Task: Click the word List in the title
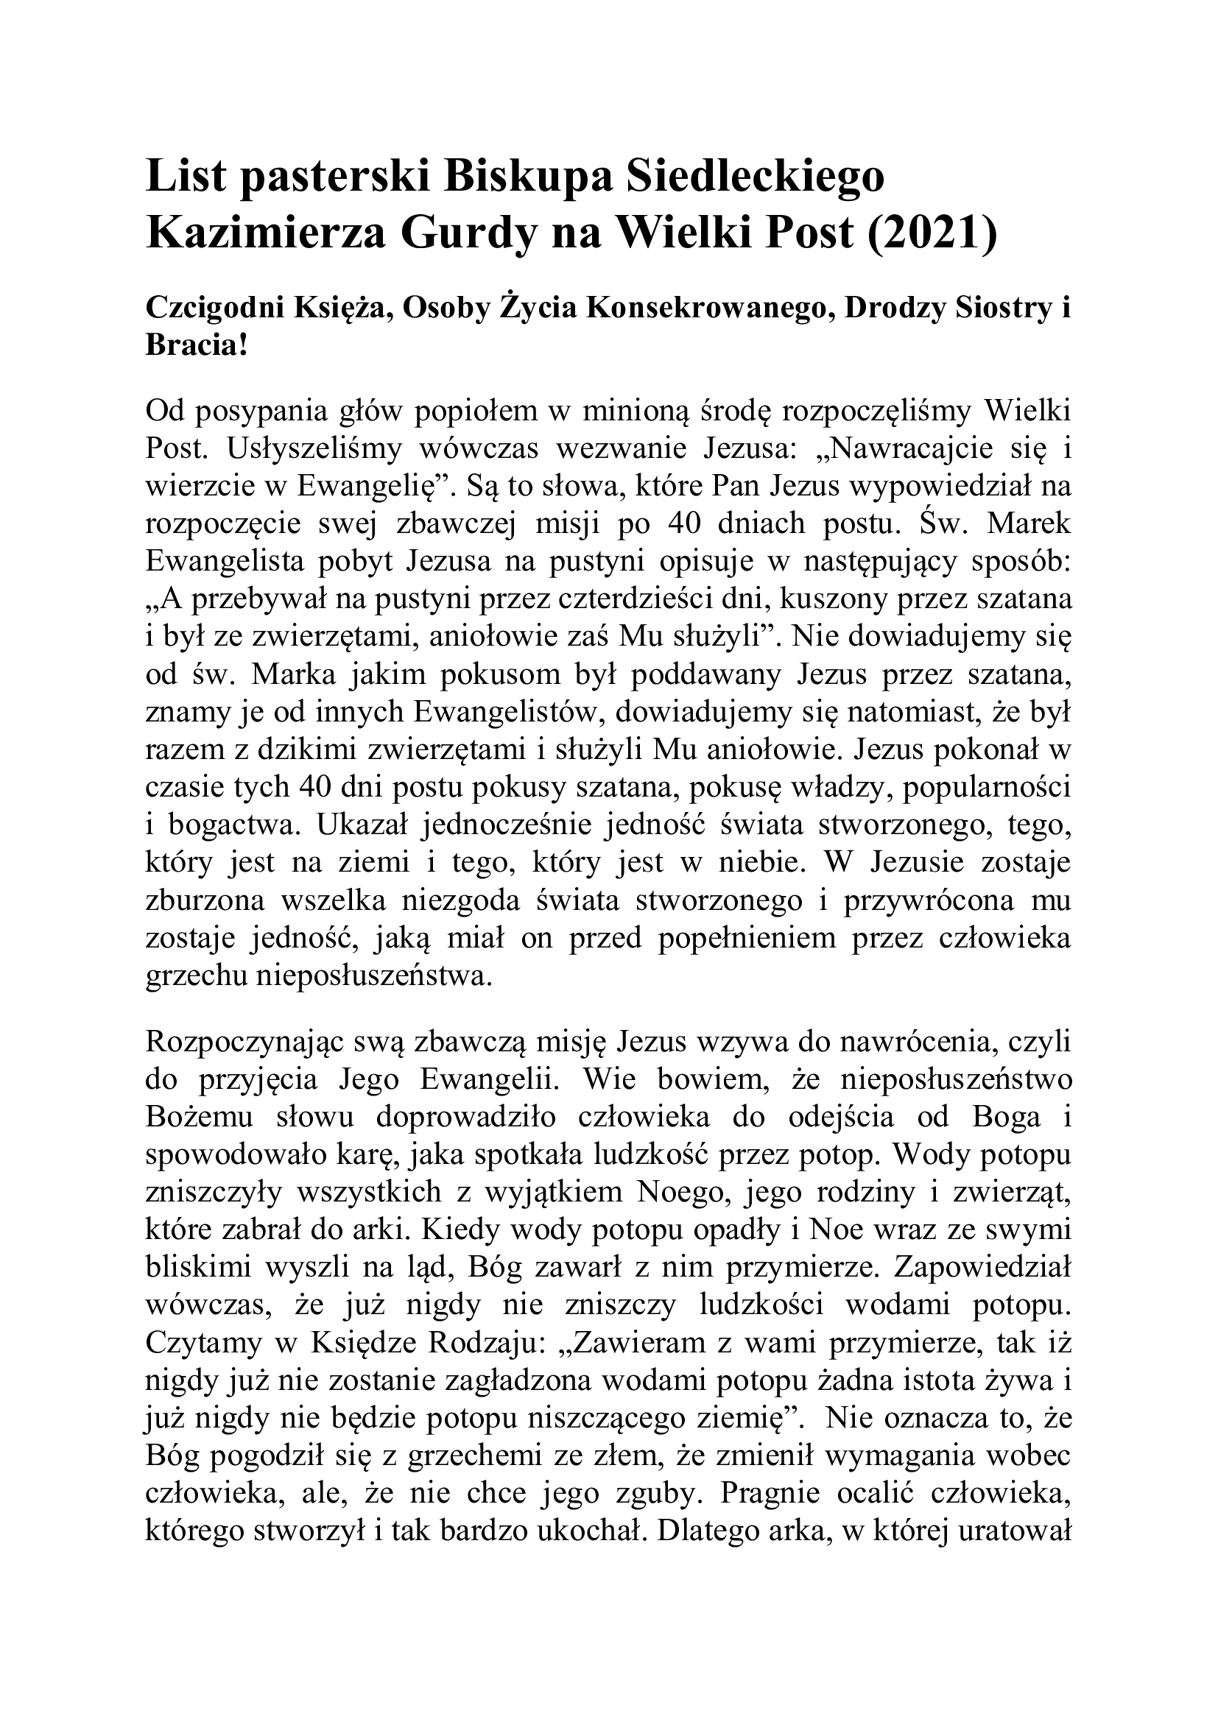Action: pyautogui.click(x=184, y=177)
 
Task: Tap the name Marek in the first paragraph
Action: pyautogui.click(x=1029, y=524)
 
